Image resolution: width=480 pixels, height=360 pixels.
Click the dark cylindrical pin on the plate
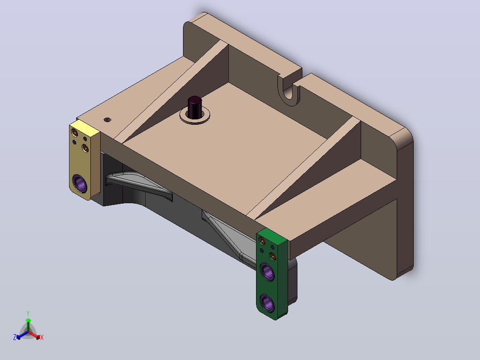(x=195, y=107)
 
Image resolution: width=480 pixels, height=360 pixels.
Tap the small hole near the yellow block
(x=107, y=119)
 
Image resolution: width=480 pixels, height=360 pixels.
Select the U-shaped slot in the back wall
(x=289, y=91)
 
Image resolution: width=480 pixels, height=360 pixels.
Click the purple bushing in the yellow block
(x=80, y=183)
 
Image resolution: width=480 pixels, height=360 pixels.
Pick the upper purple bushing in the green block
(x=267, y=271)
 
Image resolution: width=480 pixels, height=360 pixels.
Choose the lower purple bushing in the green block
(x=267, y=303)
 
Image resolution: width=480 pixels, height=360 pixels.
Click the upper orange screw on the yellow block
(x=74, y=133)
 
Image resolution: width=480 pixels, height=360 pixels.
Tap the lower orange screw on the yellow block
(x=85, y=148)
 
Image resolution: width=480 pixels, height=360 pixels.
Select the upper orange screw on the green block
(x=262, y=241)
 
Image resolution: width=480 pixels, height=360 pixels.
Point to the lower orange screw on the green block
(x=273, y=256)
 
